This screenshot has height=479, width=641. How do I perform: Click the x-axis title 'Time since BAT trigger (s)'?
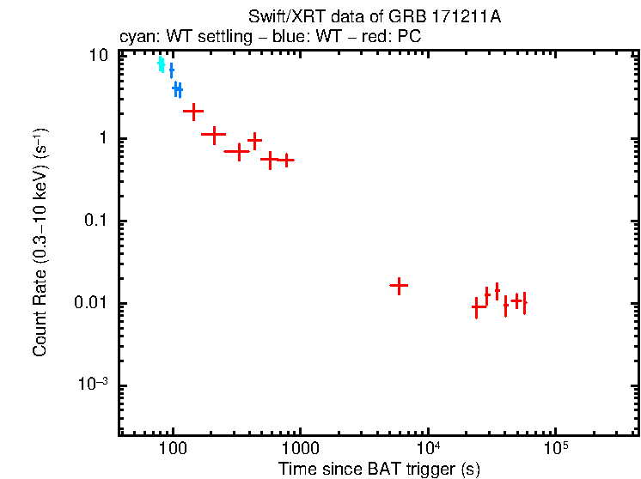tap(379, 469)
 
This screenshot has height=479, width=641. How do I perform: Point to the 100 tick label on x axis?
tap(173, 450)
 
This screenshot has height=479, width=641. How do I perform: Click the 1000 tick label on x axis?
tap(300, 450)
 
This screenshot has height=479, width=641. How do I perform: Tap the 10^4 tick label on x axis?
tap(427, 449)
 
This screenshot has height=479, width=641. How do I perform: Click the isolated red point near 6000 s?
tap(399, 286)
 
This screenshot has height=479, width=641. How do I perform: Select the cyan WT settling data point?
tap(161, 64)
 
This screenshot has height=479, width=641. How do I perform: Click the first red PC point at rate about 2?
tap(193, 111)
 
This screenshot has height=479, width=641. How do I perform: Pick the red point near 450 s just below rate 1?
tap(254, 140)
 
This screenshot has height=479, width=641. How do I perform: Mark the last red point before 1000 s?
tap(286, 160)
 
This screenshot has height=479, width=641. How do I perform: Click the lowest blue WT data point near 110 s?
tap(177, 88)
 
